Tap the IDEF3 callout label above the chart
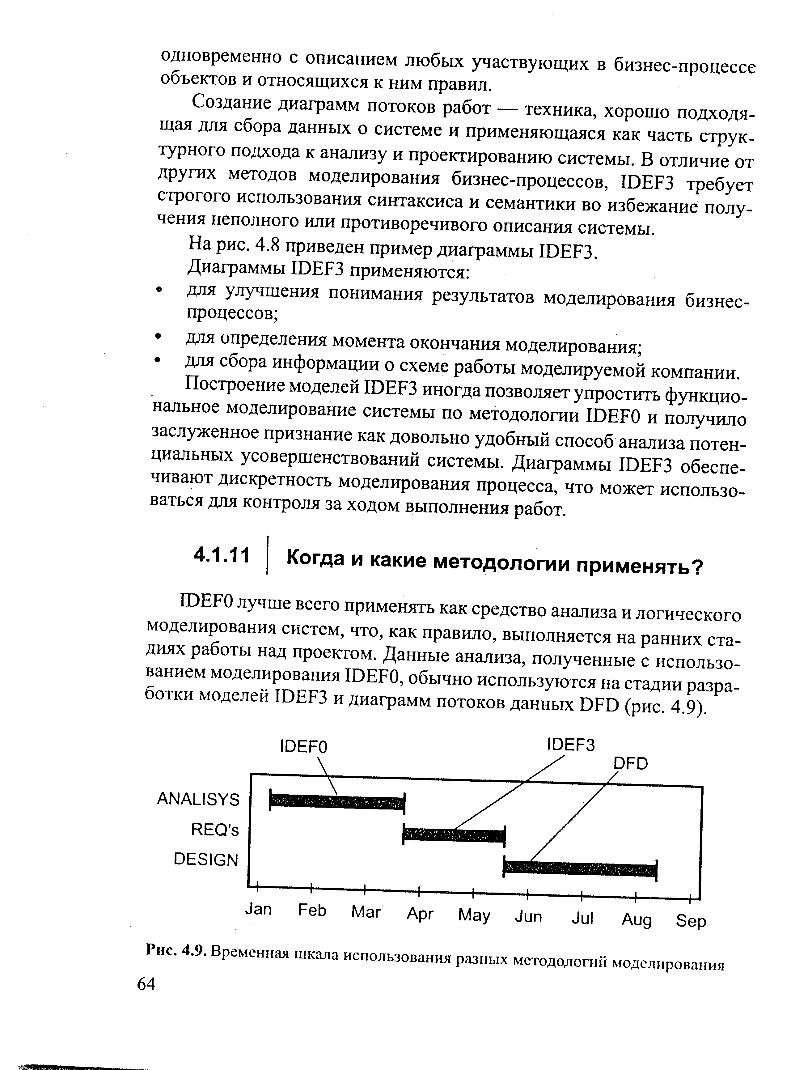click(570, 745)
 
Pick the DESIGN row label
click(206, 860)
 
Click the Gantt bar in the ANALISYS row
click(337, 802)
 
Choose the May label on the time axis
click(474, 915)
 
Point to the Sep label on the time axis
click(691, 920)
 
